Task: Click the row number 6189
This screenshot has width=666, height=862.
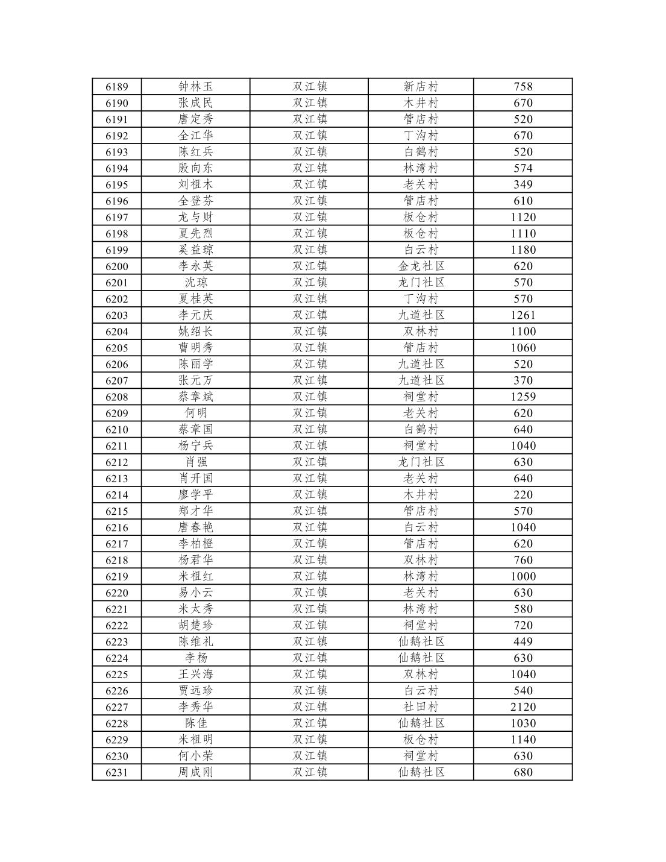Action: click(x=116, y=87)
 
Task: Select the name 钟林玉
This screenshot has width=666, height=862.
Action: click(x=195, y=87)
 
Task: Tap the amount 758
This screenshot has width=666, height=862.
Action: click(x=523, y=87)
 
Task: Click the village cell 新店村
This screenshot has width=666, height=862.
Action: click(x=421, y=87)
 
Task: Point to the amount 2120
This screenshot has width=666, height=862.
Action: click(x=523, y=707)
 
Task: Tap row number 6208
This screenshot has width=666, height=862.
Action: click(x=116, y=397)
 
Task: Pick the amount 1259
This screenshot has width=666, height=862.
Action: click(x=523, y=397)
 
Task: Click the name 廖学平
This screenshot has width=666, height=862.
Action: click(x=195, y=495)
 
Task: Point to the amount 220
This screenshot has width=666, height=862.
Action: click(x=523, y=495)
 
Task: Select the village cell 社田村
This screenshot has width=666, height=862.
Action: click(x=421, y=707)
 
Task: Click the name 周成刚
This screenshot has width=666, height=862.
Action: click(x=195, y=772)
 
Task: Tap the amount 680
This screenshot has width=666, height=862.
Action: click(x=523, y=772)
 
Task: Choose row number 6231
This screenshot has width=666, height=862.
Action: click(x=116, y=772)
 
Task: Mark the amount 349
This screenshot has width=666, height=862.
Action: click(x=523, y=184)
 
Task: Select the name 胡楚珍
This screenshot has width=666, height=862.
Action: click(x=195, y=625)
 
